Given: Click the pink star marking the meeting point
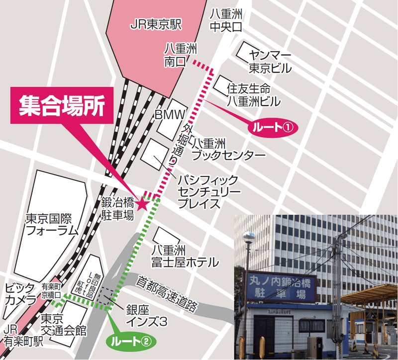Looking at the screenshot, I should coord(142,203).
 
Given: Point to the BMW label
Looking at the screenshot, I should coord(170,115).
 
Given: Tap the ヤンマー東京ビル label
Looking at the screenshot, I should coord(270,61).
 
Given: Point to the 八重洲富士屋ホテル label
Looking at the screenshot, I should coord(185,256).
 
